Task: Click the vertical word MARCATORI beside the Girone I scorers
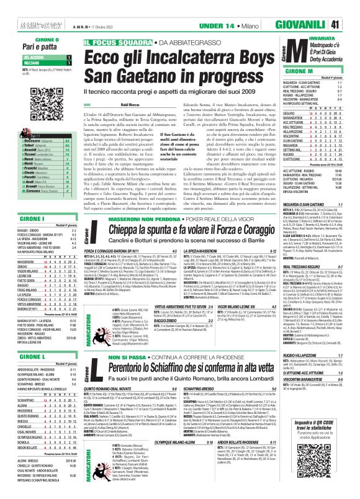[81, 309]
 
